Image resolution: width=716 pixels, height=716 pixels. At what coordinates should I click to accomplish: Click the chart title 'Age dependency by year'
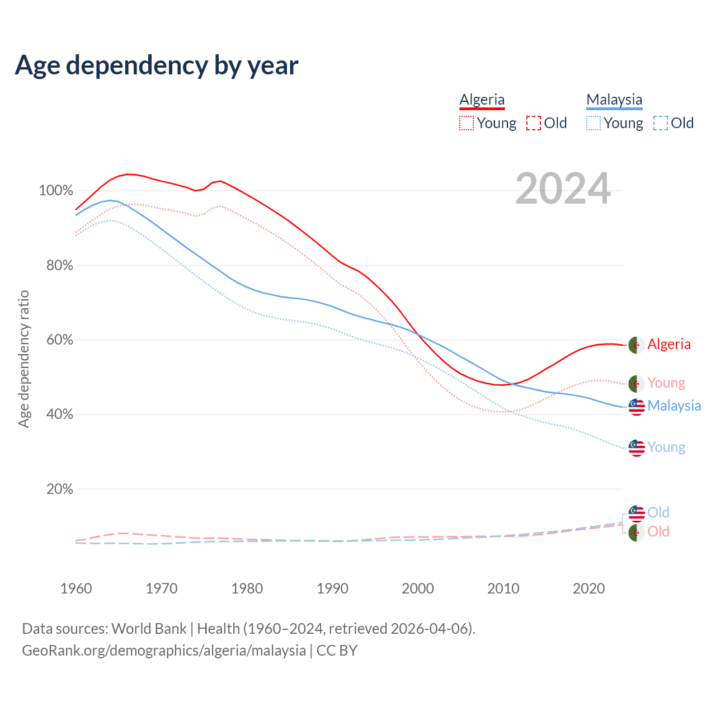pos(157,65)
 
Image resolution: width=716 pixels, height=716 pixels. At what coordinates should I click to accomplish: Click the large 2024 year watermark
pos(563,189)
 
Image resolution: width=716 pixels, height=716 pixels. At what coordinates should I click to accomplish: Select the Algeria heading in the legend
pos(482,100)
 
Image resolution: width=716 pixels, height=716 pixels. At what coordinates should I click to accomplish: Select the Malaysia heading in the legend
pos(614,100)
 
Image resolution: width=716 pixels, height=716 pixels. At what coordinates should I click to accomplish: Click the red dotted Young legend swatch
pos(466,123)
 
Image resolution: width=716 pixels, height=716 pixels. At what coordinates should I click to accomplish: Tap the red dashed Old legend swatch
pos(534,123)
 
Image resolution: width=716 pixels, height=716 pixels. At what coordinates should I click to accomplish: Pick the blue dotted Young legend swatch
pos(593,123)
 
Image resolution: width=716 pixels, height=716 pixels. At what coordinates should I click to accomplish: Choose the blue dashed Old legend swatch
pos(661,123)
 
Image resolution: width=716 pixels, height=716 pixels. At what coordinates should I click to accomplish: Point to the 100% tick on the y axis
pos(56,191)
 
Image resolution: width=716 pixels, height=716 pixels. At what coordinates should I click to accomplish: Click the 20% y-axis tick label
pos(60,489)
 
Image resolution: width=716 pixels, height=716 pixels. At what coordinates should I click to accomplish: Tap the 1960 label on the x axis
pos(76,588)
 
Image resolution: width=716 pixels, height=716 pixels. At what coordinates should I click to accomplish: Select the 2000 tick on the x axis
pos(418,588)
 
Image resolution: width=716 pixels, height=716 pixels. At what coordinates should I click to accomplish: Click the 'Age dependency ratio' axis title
pos(23,359)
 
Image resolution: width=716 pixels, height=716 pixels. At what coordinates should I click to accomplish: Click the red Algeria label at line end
pos(669,344)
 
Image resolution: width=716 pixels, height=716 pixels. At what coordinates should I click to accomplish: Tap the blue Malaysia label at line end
pos(674,406)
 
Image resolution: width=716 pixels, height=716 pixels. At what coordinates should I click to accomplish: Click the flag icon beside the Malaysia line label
pos(637,407)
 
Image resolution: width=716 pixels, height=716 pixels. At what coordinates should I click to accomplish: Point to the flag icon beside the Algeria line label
pos(637,345)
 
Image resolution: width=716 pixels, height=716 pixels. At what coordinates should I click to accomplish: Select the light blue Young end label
pos(666,447)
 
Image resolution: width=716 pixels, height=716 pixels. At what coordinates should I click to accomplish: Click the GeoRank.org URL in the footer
pos(164,651)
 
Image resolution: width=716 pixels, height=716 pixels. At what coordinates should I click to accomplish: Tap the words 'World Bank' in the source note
pos(149,628)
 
